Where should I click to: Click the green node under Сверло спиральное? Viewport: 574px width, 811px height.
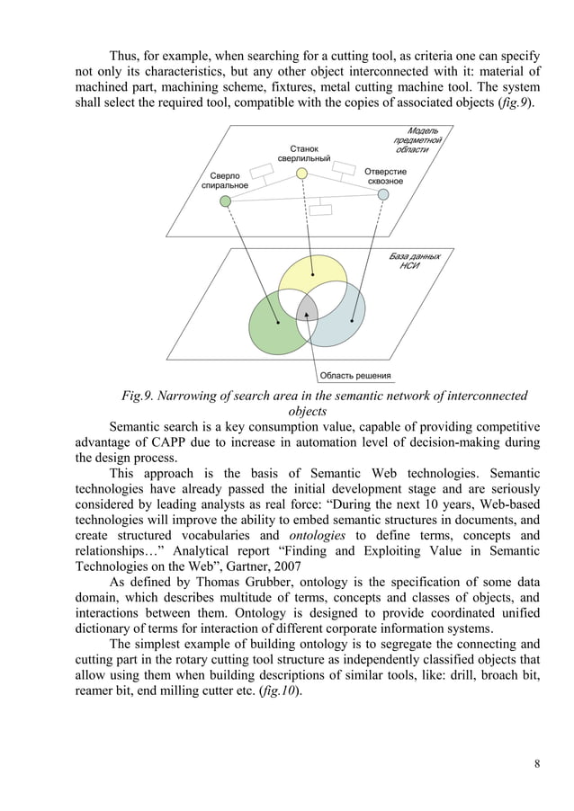[x=226, y=201]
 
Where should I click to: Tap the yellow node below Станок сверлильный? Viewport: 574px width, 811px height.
[x=302, y=173]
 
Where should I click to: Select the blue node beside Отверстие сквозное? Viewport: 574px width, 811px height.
[x=383, y=194]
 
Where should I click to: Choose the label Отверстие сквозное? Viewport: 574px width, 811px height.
[x=385, y=176]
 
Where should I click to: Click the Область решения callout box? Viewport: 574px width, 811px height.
[x=355, y=376]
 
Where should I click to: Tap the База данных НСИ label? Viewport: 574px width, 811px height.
[x=415, y=262]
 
